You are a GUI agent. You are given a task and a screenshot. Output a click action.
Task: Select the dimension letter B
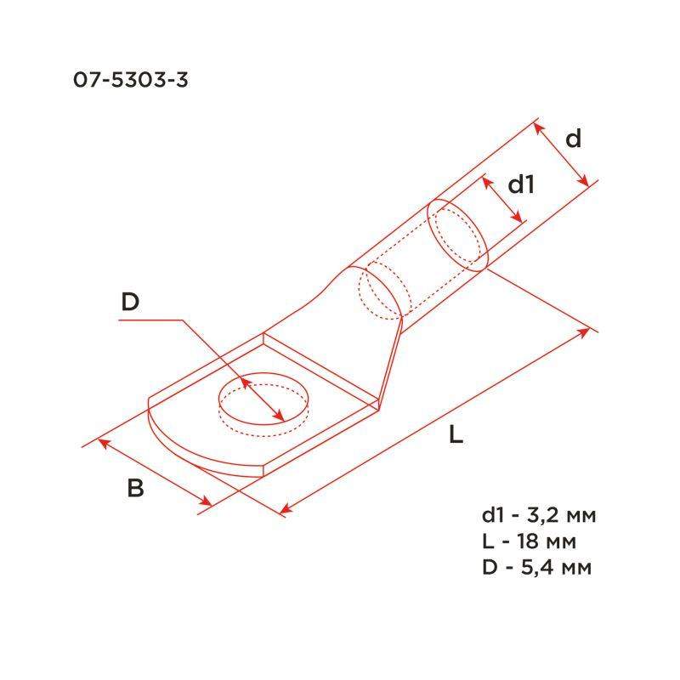click(x=135, y=489)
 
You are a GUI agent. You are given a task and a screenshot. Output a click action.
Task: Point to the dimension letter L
click(x=456, y=436)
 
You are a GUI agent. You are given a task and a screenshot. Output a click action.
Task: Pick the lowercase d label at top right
click(x=574, y=139)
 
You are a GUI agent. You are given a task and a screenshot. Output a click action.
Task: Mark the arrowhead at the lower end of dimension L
click(x=286, y=510)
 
